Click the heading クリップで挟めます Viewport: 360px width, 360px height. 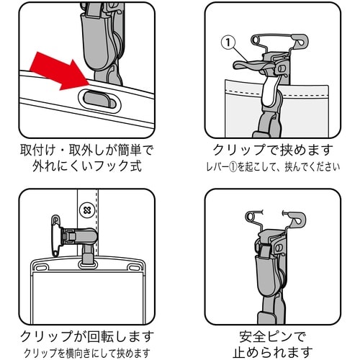click(272, 151)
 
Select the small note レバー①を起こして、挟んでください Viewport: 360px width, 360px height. click(272, 168)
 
